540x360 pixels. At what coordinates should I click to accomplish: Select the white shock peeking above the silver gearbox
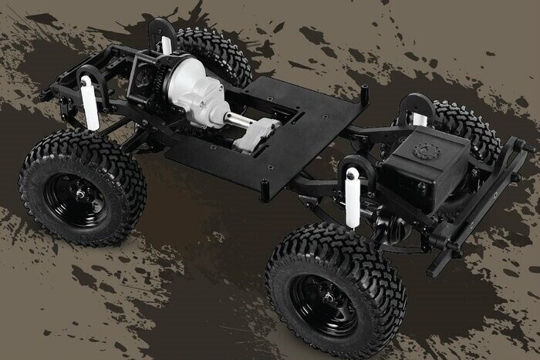pos(166,45)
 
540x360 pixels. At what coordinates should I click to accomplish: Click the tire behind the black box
pos(467,127)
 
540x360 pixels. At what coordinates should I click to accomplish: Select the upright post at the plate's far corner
pos(364,93)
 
